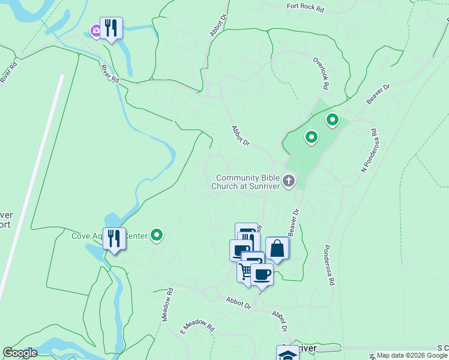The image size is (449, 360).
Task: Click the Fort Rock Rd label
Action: [306, 7]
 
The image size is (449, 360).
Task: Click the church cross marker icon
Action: [289, 181]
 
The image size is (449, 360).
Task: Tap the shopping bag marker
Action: [277, 248]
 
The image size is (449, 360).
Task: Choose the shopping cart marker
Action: [246, 271]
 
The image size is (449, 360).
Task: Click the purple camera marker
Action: [95, 30]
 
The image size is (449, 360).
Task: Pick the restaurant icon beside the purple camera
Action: [111, 28]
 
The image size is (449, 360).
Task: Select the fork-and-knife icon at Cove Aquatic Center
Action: [114, 238]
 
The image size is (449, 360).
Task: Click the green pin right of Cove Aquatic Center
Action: [157, 235]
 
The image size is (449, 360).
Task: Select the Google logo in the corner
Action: [20, 353]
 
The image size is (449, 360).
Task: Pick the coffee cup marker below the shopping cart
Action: [262, 275]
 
